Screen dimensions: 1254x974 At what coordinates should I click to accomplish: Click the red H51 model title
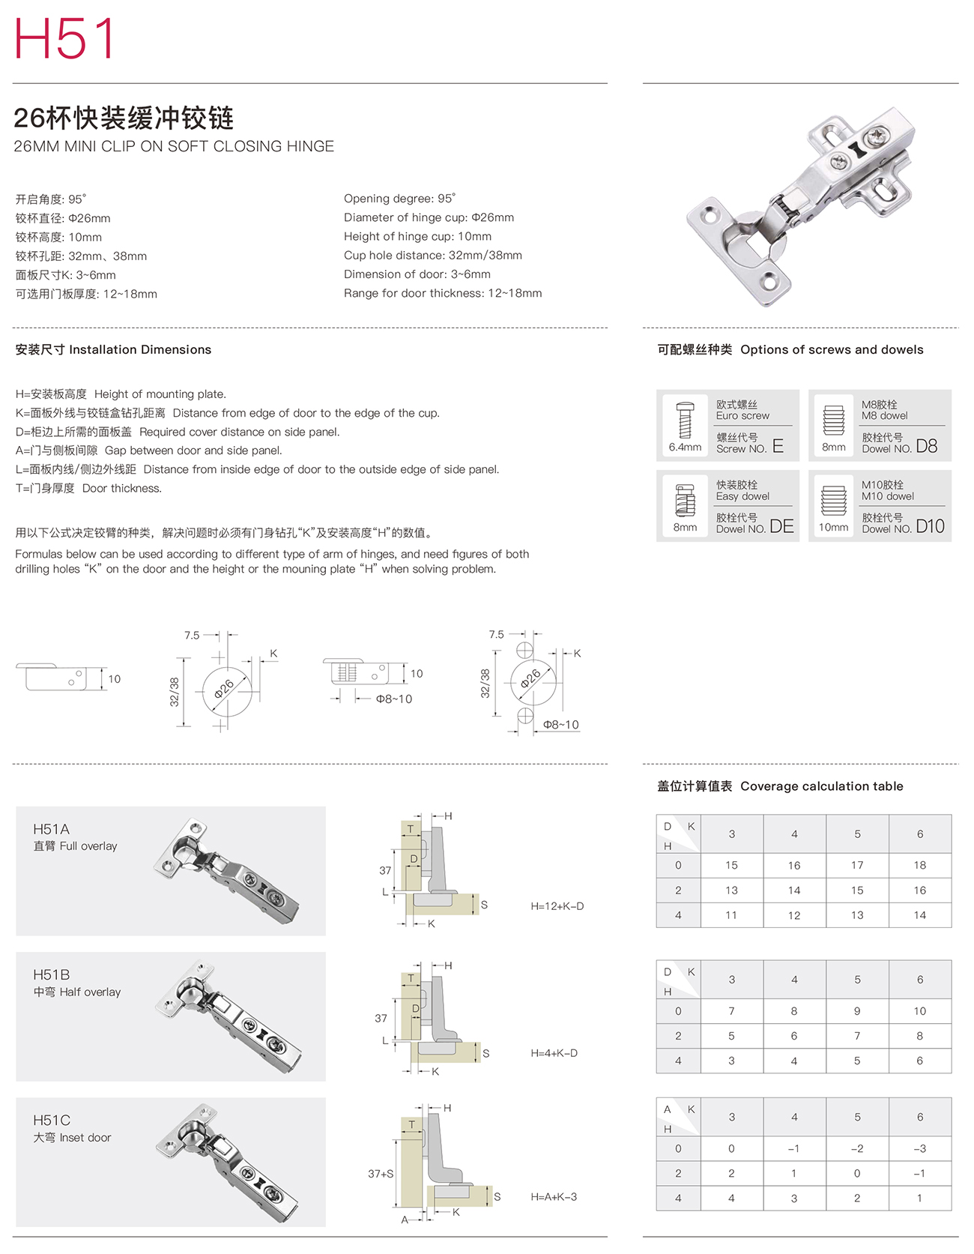[x=64, y=38]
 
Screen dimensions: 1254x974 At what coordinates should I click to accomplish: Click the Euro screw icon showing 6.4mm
[x=684, y=420]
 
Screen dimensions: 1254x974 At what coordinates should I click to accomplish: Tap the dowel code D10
[x=930, y=526]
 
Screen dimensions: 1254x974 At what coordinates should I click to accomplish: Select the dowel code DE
[x=781, y=526]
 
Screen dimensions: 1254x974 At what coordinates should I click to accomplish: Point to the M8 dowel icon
[x=833, y=420]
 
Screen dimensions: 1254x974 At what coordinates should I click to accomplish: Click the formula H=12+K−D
[x=557, y=906]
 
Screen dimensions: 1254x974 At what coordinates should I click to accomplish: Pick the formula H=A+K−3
[x=554, y=1197]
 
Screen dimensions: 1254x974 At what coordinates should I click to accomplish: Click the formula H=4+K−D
[x=554, y=1053]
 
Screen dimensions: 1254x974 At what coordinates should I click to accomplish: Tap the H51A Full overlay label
[x=75, y=837]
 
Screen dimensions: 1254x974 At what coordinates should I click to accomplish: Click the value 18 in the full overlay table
[x=919, y=865]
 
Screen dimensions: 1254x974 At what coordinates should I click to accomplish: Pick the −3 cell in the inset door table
[x=919, y=1148]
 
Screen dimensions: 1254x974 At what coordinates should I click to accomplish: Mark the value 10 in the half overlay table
[x=919, y=1011]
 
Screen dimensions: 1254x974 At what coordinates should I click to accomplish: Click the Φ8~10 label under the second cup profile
[x=393, y=699]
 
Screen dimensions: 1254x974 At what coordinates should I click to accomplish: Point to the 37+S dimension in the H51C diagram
[x=381, y=1174]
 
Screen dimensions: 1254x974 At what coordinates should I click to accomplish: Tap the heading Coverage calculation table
[x=821, y=786]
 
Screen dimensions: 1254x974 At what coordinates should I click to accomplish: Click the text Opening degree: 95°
[x=399, y=199]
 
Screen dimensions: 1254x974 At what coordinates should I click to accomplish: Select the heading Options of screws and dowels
[x=832, y=349]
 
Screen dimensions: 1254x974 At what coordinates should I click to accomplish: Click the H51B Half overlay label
[x=76, y=983]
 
